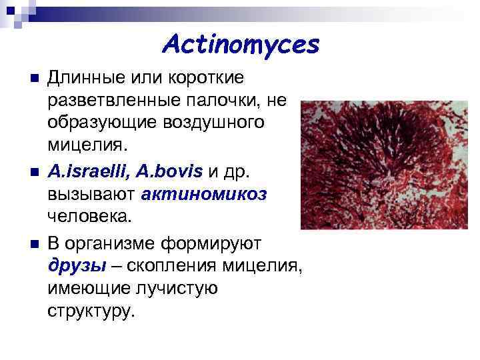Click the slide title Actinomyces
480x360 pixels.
tap(241, 45)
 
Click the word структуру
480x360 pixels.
tap(91, 310)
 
